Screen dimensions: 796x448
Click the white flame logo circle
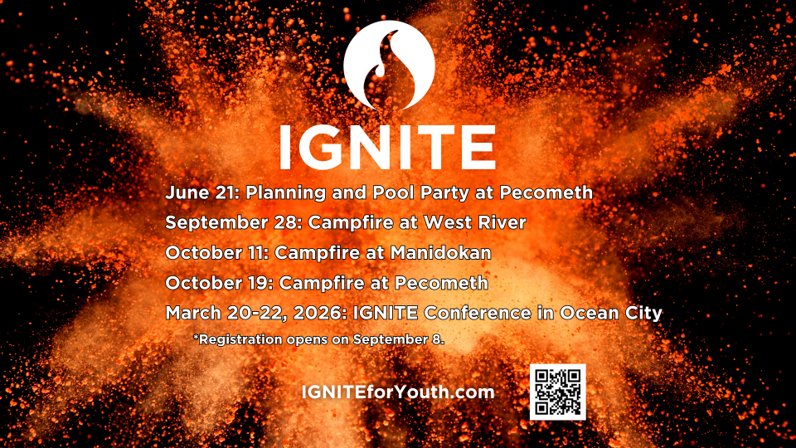(x=390, y=66)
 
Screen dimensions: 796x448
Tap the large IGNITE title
(x=388, y=148)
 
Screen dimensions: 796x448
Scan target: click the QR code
(x=557, y=392)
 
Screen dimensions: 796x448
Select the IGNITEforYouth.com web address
(x=398, y=392)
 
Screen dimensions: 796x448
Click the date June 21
(x=201, y=192)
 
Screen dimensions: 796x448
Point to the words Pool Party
(x=420, y=193)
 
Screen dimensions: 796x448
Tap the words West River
(x=474, y=222)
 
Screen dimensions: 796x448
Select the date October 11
(x=216, y=253)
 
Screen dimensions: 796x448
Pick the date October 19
(x=218, y=283)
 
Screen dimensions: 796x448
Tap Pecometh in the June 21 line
(x=546, y=192)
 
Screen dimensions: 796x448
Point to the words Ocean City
(x=611, y=313)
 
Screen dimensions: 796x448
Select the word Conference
(x=478, y=313)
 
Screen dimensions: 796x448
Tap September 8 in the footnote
(x=399, y=339)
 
